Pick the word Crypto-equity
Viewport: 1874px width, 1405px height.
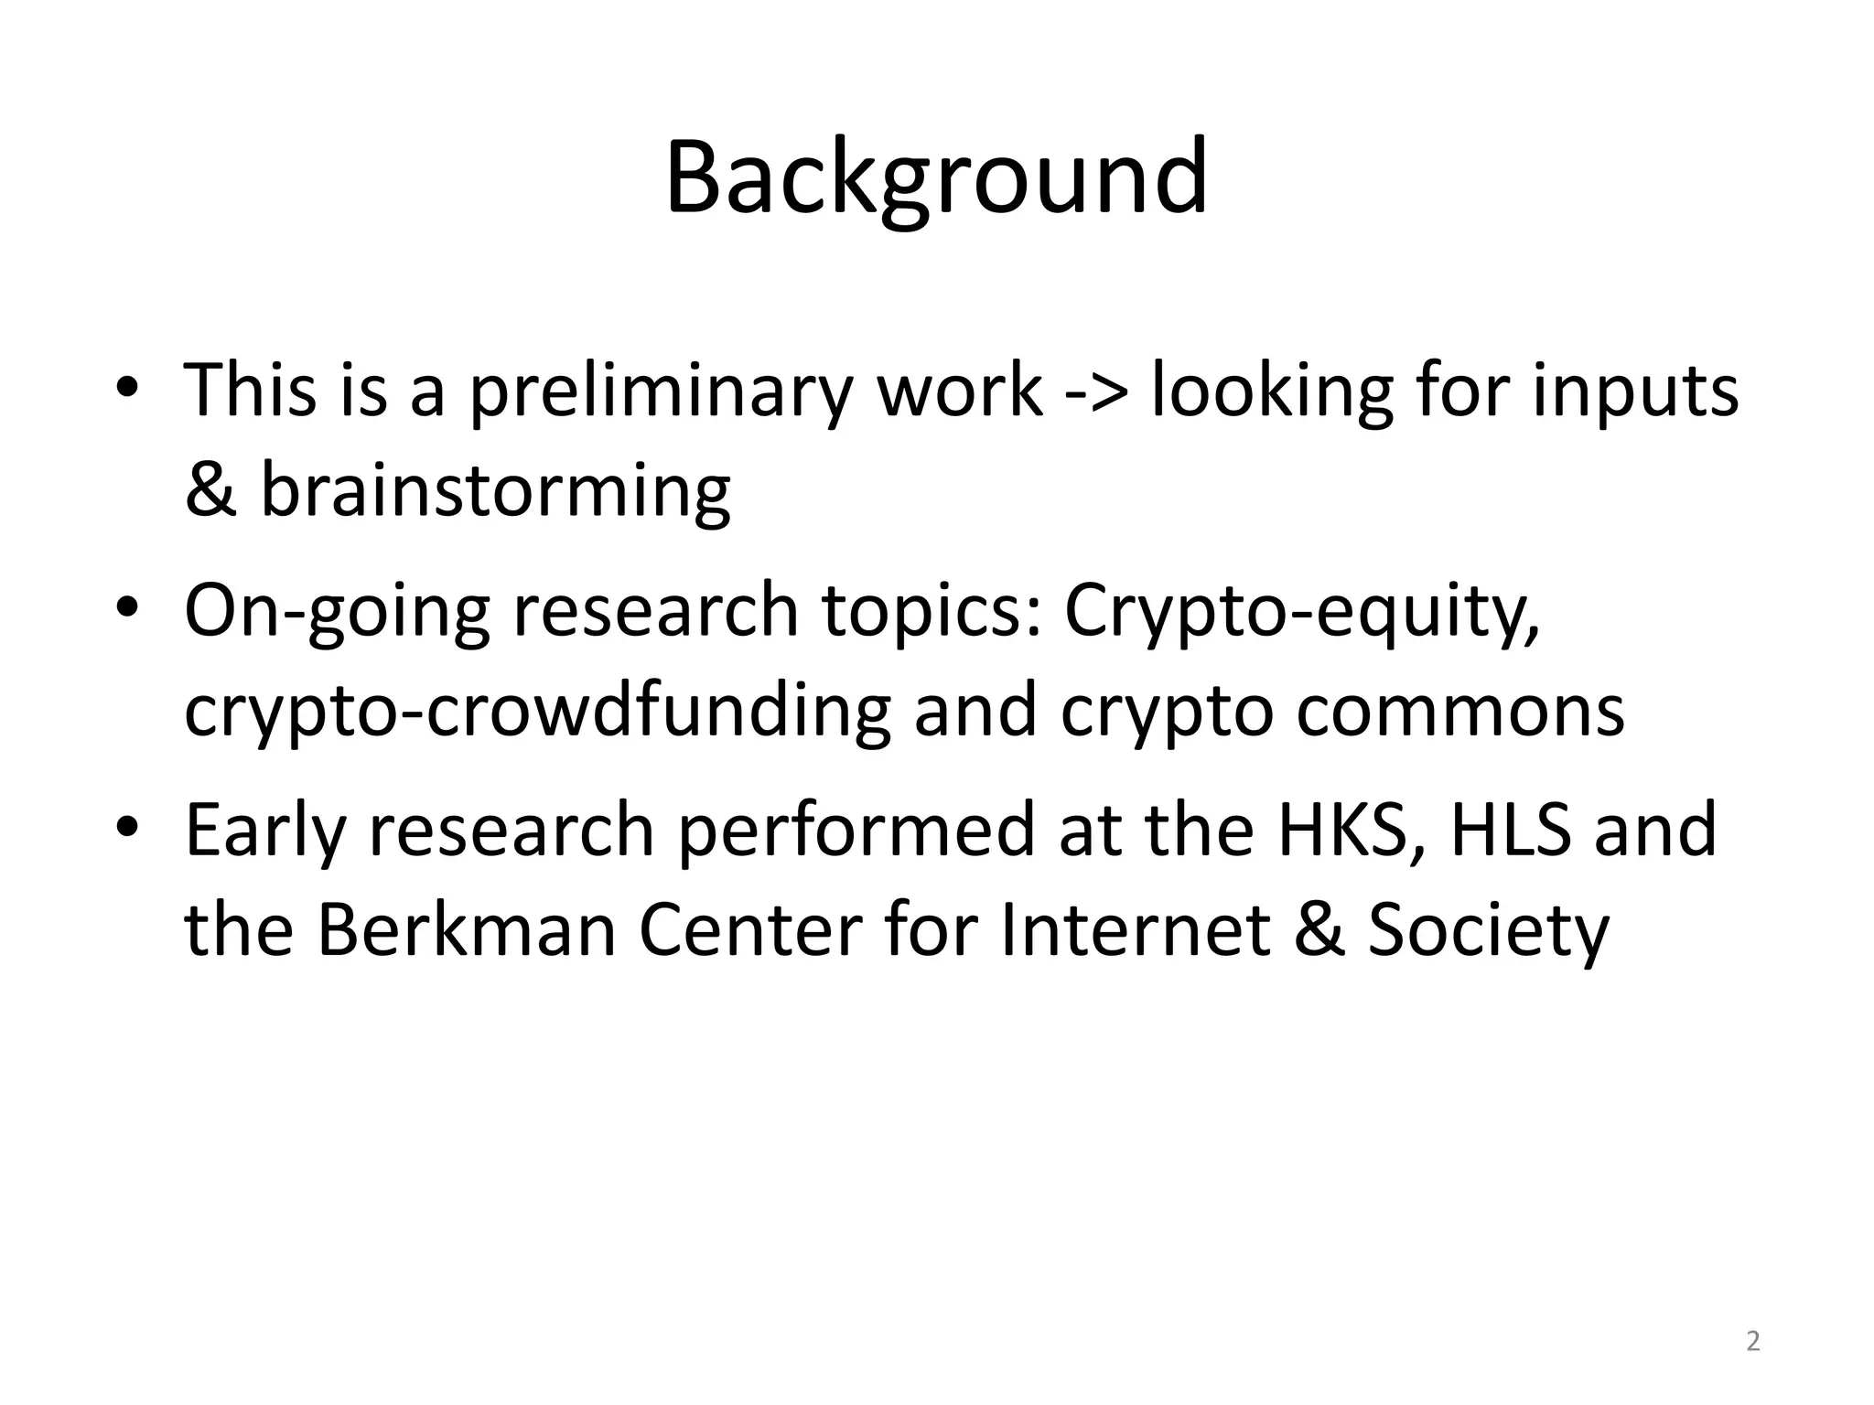point(1301,610)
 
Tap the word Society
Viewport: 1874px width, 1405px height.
point(1488,930)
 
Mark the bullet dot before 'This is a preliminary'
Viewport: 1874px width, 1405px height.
point(127,384)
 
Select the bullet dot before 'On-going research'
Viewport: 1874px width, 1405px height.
point(127,605)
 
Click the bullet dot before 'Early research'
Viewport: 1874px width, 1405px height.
point(127,824)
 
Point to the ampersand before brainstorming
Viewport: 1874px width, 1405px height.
point(210,489)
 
